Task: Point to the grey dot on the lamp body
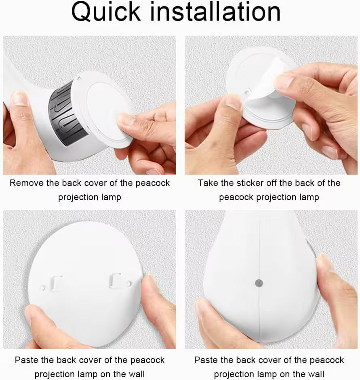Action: click(x=259, y=283)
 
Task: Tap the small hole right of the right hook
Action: click(x=129, y=283)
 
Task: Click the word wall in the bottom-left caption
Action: click(x=136, y=374)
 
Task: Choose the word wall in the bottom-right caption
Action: click(x=315, y=374)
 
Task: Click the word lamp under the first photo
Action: click(x=111, y=197)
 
